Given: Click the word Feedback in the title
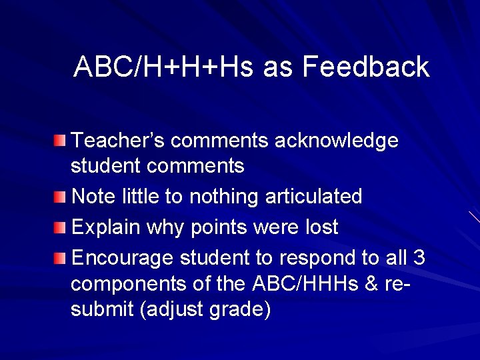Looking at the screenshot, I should pyautogui.click(x=365, y=67).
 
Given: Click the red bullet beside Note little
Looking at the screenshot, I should pyautogui.click(x=61, y=197).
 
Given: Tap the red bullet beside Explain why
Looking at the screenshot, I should pyautogui.click(x=61, y=228).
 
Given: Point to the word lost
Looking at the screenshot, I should pyautogui.click(x=322, y=227).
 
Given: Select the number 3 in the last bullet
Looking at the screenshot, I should pyautogui.click(x=419, y=258).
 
